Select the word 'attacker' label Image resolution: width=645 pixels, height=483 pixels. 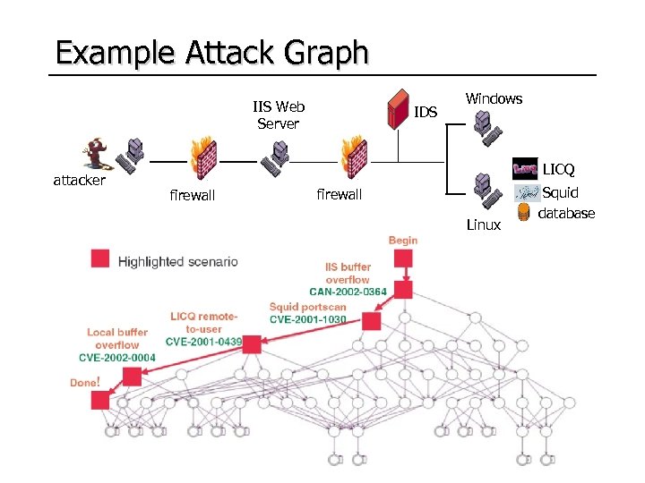[80, 181]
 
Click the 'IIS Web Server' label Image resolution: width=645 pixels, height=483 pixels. [278, 115]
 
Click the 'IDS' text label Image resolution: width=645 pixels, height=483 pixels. [426, 112]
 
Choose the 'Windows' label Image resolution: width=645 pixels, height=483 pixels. [494, 99]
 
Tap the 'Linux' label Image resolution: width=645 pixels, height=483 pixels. [484, 225]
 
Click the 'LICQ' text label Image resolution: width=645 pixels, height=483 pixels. [558, 169]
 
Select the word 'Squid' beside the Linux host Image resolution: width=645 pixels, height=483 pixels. [561, 192]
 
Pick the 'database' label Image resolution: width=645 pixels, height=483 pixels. [566, 213]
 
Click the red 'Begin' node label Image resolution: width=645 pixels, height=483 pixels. [403, 240]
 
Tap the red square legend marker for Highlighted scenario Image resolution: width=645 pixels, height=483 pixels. [100, 259]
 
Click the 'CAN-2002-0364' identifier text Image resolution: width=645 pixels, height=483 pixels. [348, 292]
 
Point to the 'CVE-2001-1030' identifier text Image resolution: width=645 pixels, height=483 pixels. [307, 319]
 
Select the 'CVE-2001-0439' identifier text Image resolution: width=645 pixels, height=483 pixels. [203, 341]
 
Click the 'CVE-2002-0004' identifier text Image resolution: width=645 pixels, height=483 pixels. [117, 358]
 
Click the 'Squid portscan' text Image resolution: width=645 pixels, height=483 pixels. [307, 307]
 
